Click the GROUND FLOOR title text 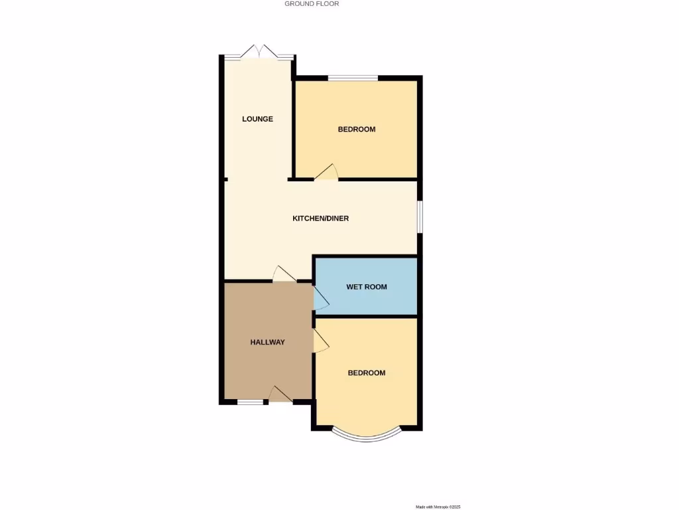tap(312, 4)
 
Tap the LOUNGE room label tap(257, 120)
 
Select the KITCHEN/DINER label tap(321, 218)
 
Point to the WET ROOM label tap(366, 287)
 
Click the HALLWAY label tap(267, 343)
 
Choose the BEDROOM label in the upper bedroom tap(357, 129)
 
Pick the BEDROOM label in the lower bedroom tap(367, 373)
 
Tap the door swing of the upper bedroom tap(327, 172)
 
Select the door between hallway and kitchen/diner tap(284, 274)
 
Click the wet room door tap(320, 299)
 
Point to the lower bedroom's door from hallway tap(321, 342)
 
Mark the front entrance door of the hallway tap(280, 394)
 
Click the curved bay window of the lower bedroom tap(367, 436)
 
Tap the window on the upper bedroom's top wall tap(353, 78)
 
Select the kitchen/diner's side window tap(419, 216)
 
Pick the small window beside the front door tap(250, 402)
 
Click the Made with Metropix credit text tap(438, 507)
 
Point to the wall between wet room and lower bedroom tap(366, 315)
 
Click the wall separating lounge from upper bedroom tap(292, 126)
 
